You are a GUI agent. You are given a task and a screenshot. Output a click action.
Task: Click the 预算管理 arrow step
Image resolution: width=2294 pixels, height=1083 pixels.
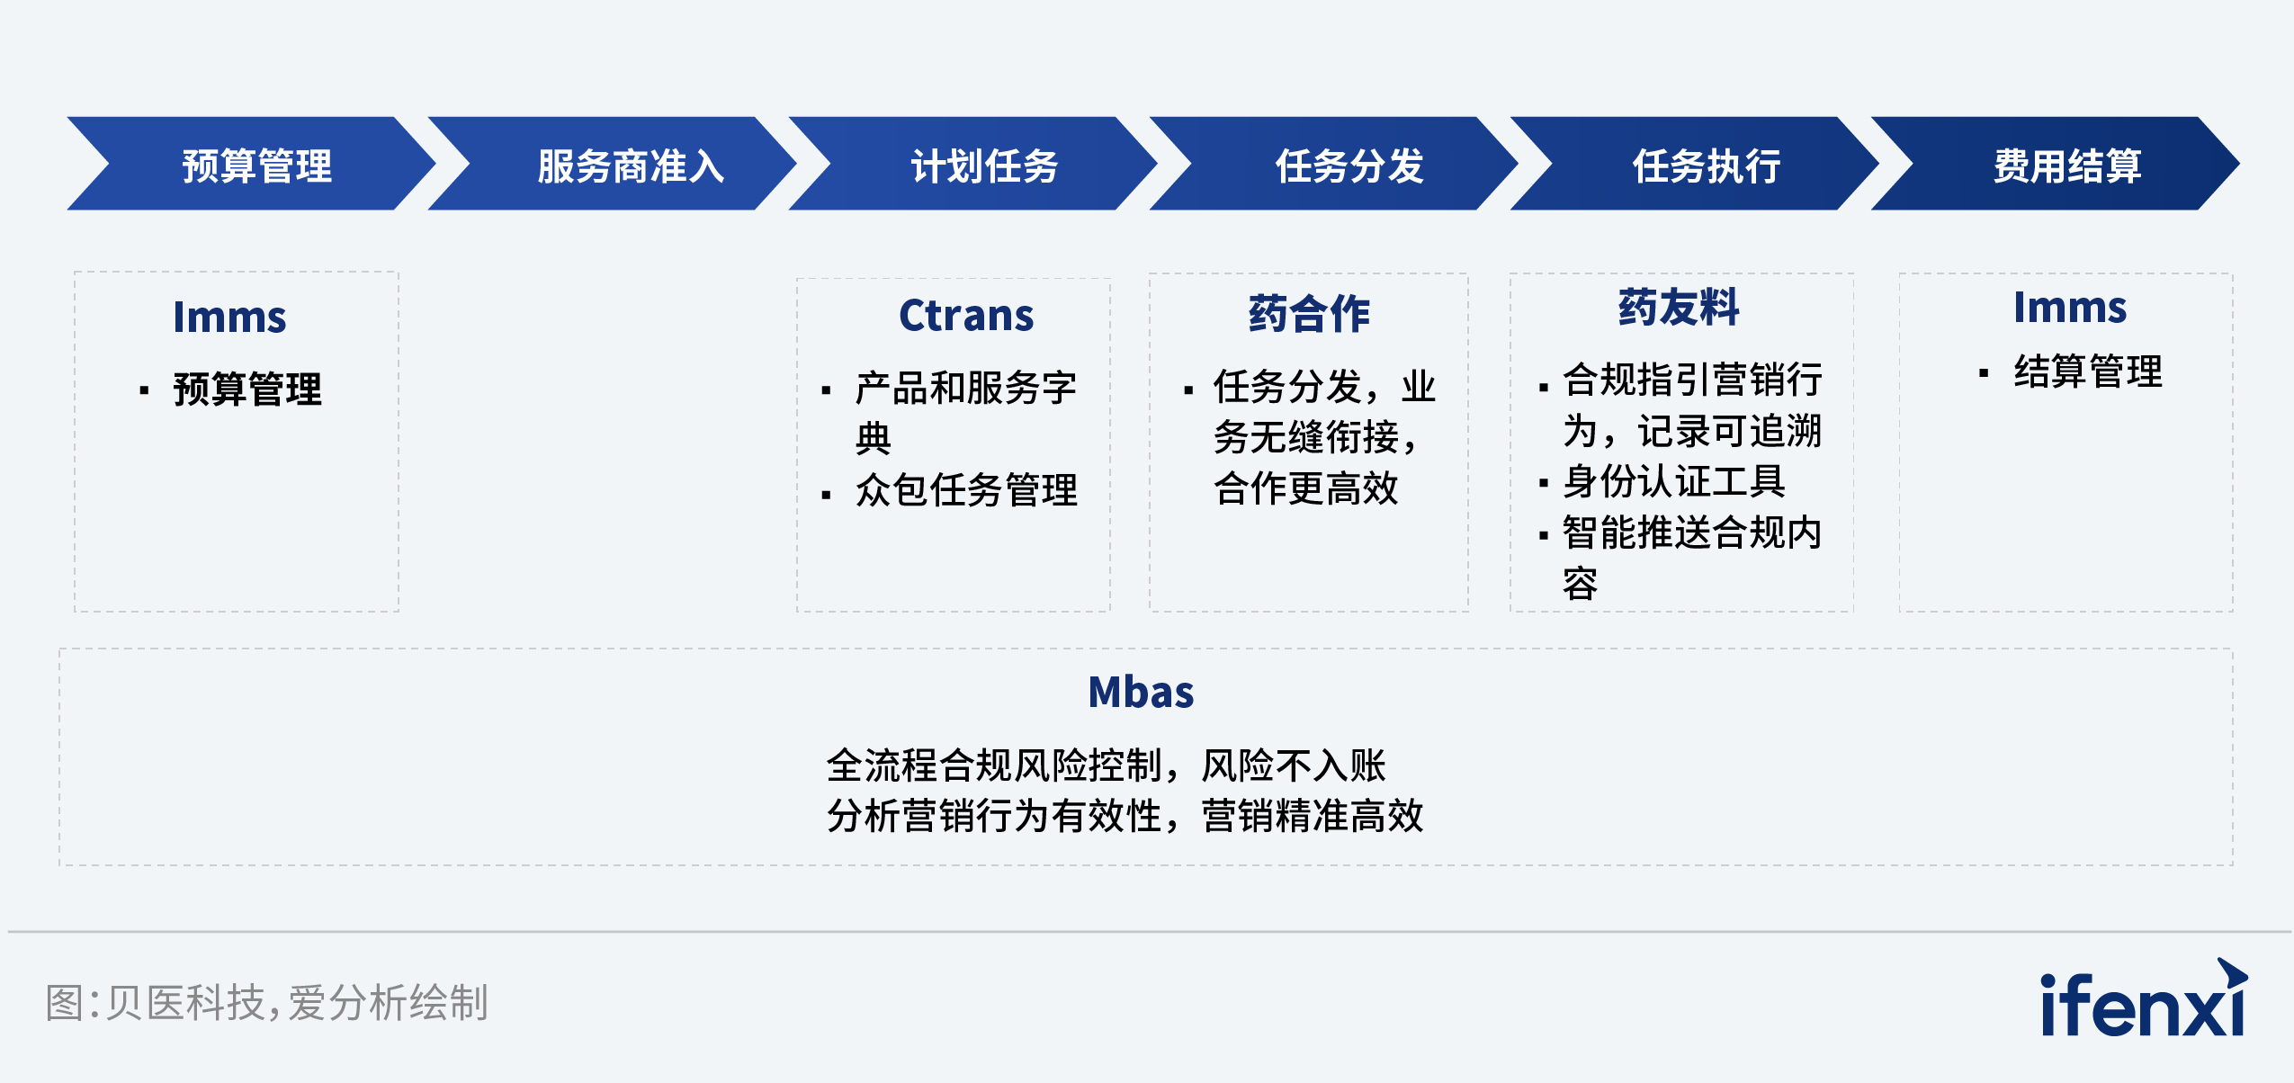(256, 165)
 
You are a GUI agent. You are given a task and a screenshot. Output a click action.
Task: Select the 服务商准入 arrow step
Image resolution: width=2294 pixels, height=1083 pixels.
(630, 165)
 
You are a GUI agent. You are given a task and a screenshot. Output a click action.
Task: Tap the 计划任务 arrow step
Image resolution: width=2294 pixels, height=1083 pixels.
(984, 165)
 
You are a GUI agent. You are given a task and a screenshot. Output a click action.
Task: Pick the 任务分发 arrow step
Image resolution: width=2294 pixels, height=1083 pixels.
(1349, 165)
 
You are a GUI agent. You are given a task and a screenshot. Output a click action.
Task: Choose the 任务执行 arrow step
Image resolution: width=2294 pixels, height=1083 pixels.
(1707, 165)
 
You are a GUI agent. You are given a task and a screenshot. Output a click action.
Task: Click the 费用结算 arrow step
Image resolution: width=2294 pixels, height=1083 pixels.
(2066, 165)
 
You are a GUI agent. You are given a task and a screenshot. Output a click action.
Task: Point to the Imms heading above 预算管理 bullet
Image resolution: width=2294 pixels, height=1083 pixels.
(229, 317)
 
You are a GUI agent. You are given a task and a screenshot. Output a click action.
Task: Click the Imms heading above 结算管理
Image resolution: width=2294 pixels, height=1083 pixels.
(2069, 308)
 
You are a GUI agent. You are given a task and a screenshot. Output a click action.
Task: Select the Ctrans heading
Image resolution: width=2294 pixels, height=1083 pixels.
(966, 315)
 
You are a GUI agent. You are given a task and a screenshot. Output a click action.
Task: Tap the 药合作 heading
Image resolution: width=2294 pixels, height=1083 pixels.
(1309, 313)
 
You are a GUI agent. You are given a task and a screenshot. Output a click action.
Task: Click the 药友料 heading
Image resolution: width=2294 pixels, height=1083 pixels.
(1679, 308)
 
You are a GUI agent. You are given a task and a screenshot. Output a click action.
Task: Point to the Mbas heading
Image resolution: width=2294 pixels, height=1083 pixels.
(1141, 692)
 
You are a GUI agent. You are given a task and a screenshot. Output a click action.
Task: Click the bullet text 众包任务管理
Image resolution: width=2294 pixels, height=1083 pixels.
(966, 490)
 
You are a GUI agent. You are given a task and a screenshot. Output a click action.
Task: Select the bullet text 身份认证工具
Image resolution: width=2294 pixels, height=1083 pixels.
(1673, 481)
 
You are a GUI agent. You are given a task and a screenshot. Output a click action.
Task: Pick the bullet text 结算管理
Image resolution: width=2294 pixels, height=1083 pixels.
(2087, 371)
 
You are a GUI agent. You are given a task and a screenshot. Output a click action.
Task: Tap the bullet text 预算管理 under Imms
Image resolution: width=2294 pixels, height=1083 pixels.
(246, 389)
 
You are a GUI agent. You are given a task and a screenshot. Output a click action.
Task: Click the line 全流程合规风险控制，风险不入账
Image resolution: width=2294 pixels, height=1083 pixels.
(1106, 765)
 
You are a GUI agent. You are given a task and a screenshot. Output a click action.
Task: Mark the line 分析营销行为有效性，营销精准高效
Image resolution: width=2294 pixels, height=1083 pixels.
(1125, 816)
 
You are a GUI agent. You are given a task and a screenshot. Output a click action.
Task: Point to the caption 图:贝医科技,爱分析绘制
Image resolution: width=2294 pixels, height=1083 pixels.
(266, 1002)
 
